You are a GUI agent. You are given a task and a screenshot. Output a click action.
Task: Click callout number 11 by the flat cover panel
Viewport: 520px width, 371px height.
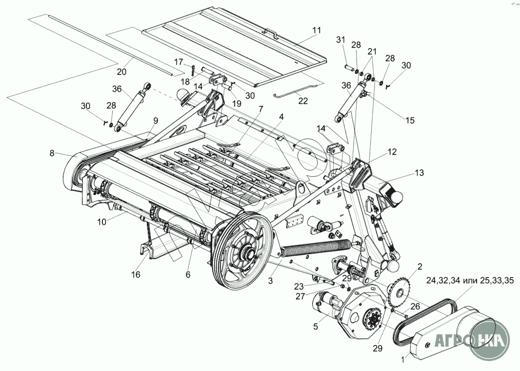click(317, 30)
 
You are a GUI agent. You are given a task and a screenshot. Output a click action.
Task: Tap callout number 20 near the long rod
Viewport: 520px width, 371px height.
click(121, 71)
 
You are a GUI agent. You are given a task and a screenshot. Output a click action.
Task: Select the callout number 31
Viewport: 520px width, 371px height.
click(340, 40)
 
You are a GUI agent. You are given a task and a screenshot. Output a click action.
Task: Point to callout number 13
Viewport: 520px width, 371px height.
click(419, 173)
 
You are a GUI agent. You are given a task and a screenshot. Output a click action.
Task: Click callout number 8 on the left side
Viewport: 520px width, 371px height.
click(52, 154)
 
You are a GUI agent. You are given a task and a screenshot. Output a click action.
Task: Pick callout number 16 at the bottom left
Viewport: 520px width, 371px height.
click(136, 274)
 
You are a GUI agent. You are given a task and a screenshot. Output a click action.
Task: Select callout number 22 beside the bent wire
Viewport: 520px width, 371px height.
click(303, 100)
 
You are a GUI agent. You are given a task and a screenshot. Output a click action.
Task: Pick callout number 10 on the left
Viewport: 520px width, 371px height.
click(102, 221)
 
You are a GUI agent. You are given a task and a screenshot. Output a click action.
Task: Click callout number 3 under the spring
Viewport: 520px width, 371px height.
click(270, 281)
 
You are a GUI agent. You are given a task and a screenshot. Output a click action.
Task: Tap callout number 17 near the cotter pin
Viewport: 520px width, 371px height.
click(179, 62)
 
